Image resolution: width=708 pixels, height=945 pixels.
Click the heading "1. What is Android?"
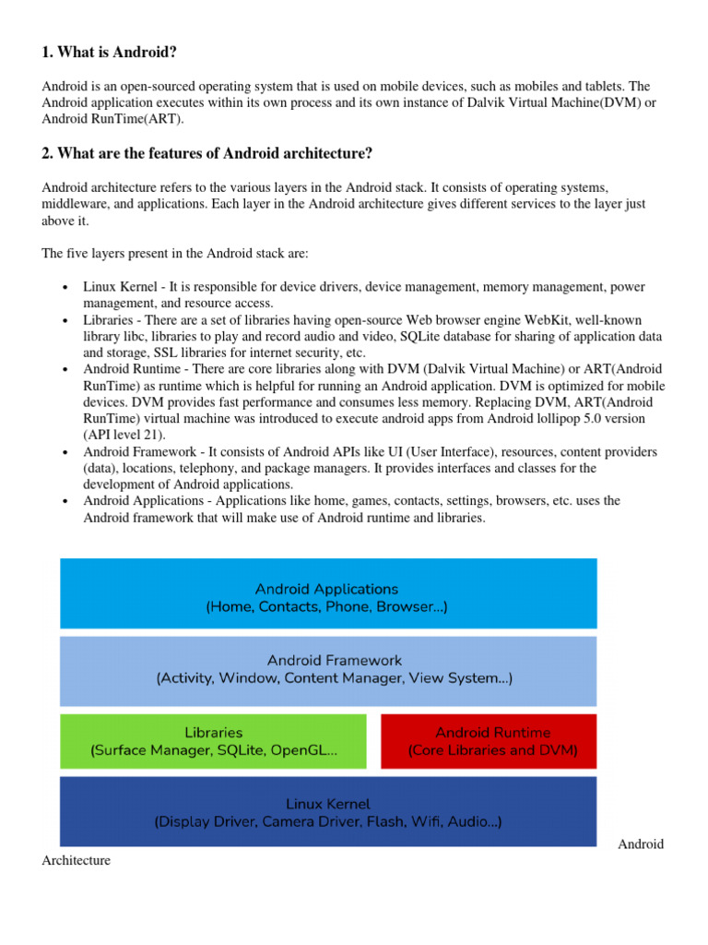(x=115, y=53)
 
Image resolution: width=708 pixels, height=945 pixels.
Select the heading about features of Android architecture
(x=207, y=152)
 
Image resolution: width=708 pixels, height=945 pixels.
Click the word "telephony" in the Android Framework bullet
(x=227, y=468)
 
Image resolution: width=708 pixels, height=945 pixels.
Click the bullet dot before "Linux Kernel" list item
(x=65, y=288)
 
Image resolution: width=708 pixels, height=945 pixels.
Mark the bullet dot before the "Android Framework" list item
(x=65, y=452)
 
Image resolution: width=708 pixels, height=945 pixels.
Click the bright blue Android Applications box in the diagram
(x=327, y=592)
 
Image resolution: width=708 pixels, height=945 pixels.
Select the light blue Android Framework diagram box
(x=327, y=670)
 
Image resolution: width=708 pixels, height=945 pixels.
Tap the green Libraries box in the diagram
(x=213, y=741)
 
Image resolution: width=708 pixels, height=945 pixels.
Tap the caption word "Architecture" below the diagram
(x=77, y=861)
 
